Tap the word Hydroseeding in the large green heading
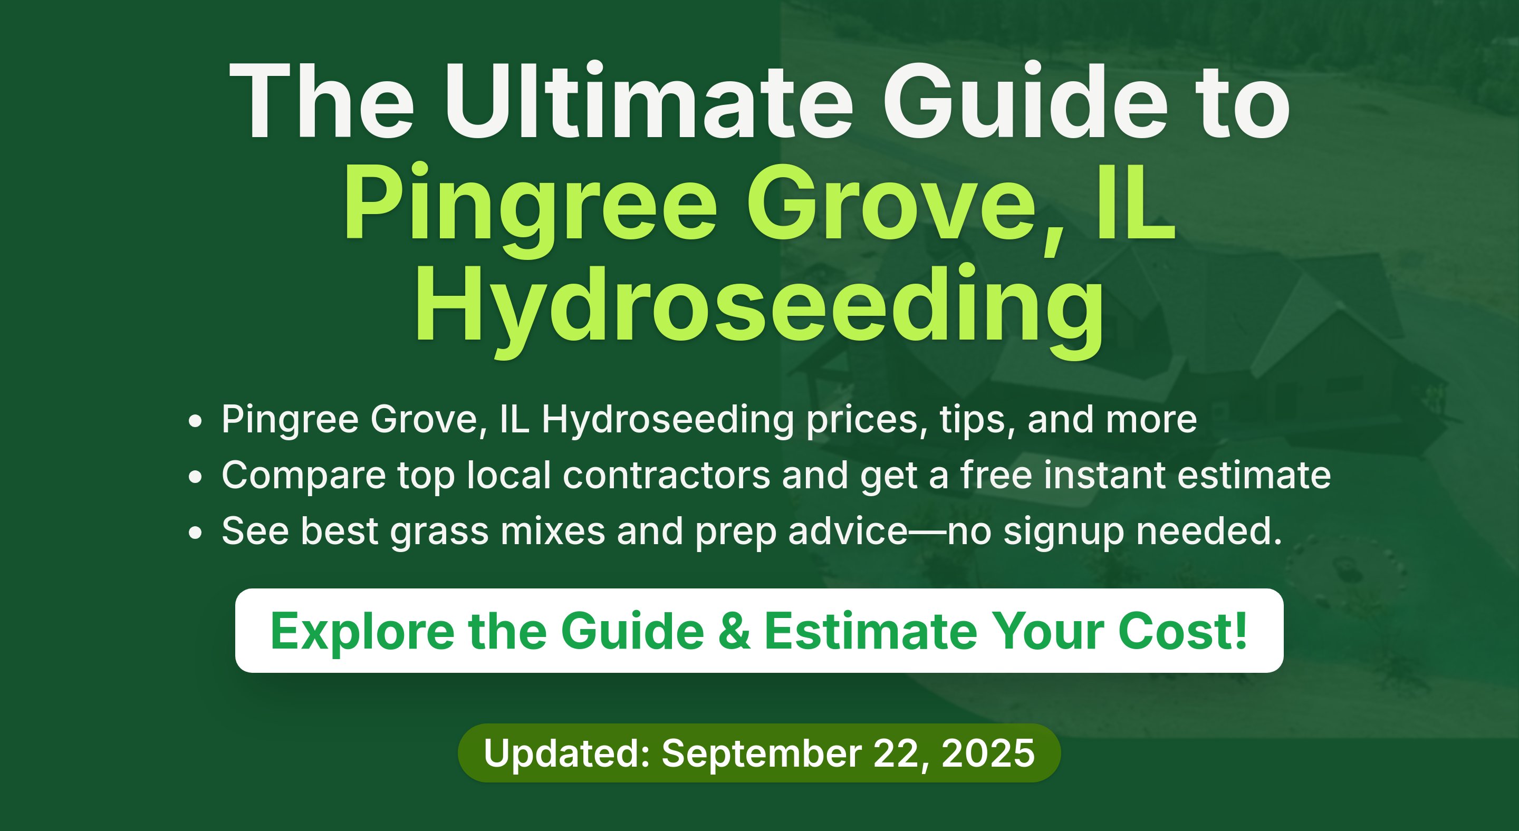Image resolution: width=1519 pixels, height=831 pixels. click(x=759, y=311)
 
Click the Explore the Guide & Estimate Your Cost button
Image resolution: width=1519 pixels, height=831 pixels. click(x=759, y=631)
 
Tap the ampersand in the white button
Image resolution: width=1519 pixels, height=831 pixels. click(x=735, y=631)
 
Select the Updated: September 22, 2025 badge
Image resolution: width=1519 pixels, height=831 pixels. click(x=759, y=753)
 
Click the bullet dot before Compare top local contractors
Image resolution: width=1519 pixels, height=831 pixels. click(x=196, y=477)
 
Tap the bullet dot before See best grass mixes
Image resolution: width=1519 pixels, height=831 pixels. click(x=196, y=533)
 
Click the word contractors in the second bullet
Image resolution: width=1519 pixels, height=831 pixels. click(x=666, y=475)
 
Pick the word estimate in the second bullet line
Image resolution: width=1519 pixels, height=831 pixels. click(x=1254, y=475)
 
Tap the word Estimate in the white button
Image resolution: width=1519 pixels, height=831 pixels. click(x=871, y=631)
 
